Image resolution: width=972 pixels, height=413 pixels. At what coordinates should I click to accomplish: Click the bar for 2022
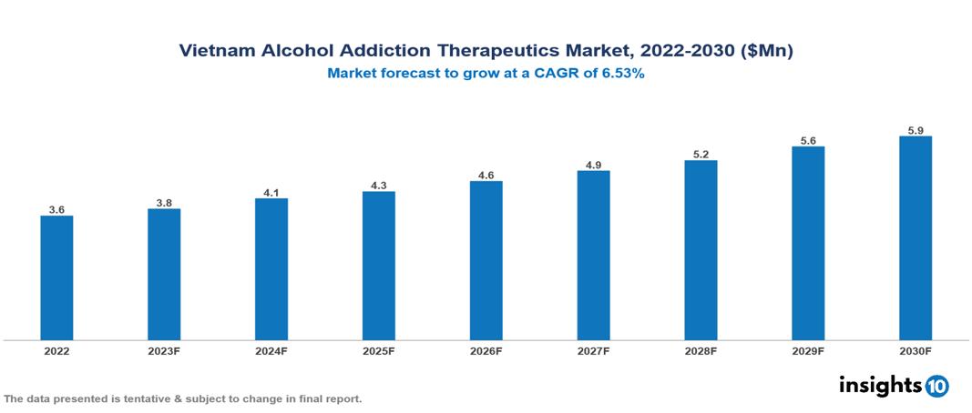(56, 277)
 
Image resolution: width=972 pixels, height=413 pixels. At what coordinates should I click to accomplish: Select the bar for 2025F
(378, 266)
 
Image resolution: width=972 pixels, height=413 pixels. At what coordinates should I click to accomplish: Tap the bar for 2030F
(915, 238)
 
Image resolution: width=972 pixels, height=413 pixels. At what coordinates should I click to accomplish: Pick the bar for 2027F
(593, 256)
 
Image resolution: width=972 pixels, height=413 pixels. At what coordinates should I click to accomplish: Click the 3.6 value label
(56, 209)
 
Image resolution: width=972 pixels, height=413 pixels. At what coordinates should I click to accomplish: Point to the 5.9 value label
(915, 131)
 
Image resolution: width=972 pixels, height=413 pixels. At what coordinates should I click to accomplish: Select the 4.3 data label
(378, 186)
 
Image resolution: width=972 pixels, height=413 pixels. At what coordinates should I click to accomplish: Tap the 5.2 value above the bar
(701, 155)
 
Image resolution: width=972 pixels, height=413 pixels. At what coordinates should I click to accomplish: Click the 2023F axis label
(164, 350)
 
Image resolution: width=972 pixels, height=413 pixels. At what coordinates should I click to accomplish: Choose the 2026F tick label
(486, 350)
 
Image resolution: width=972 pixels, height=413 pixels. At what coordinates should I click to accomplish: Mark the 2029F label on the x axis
(808, 350)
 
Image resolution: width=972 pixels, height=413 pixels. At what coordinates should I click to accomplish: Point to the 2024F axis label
(271, 350)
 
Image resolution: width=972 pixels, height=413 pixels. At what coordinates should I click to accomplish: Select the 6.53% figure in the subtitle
(621, 75)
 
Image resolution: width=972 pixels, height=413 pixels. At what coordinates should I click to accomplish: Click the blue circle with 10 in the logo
(936, 387)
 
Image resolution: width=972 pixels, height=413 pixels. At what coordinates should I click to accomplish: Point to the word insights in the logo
(880, 386)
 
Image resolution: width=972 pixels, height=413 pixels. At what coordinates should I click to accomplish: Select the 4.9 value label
(593, 165)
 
